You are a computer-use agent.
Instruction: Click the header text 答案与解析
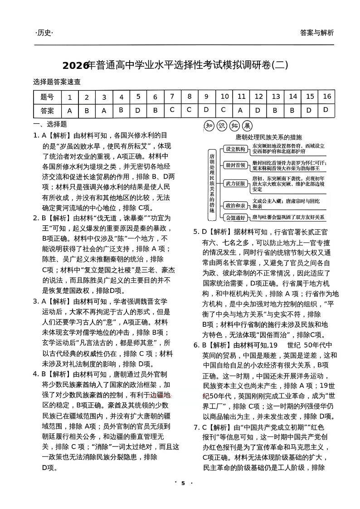pyautogui.click(x=316, y=33)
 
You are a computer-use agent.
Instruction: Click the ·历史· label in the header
pyautogui.click(x=44, y=33)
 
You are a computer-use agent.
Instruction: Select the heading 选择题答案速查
pyautogui.click(x=57, y=82)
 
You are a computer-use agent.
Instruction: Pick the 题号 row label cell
pyautogui.click(x=47, y=97)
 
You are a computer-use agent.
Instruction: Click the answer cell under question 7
pyautogui.click(x=172, y=110)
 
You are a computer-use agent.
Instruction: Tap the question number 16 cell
pyautogui.click(x=326, y=97)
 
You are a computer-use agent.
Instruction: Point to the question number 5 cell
pyautogui.click(x=138, y=97)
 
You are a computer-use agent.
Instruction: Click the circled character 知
pyautogui.click(x=209, y=126)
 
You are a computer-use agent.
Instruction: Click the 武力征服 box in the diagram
pyautogui.click(x=235, y=184)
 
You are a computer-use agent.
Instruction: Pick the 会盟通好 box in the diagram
pyautogui.click(x=235, y=218)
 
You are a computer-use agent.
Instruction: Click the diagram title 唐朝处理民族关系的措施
pyautogui.click(x=268, y=137)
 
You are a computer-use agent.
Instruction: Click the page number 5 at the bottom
pyautogui.click(x=183, y=483)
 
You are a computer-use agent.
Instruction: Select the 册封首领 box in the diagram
pyautogui.click(x=235, y=165)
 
